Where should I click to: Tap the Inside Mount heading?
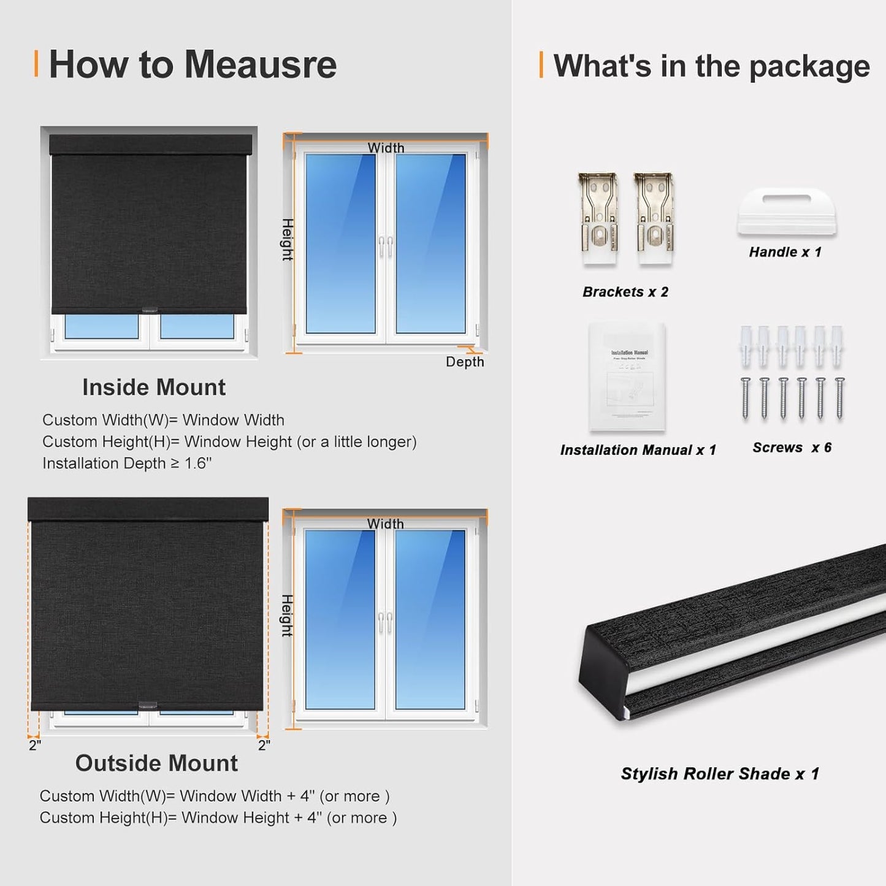pyautogui.click(x=154, y=388)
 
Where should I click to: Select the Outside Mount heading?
pyautogui.click(x=156, y=763)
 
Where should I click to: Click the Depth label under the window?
pyautogui.click(x=465, y=362)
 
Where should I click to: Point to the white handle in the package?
pyautogui.click(x=787, y=212)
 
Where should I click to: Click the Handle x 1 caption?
pyautogui.click(x=785, y=252)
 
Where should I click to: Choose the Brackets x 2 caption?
pyautogui.click(x=625, y=292)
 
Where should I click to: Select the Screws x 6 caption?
pyautogui.click(x=792, y=448)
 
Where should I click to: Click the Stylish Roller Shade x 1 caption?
pyautogui.click(x=720, y=774)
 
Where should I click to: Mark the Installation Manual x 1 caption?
pyautogui.click(x=638, y=450)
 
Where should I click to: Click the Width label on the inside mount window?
pyautogui.click(x=386, y=148)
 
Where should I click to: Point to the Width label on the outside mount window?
pyautogui.click(x=386, y=524)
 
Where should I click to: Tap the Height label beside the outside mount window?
pyautogui.click(x=287, y=616)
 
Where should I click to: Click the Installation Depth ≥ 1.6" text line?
pyautogui.click(x=127, y=464)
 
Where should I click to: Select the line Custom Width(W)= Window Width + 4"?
pyautogui.click(x=214, y=796)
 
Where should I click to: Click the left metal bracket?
pyautogui.click(x=598, y=220)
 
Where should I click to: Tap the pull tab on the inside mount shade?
pyautogui.click(x=150, y=310)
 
